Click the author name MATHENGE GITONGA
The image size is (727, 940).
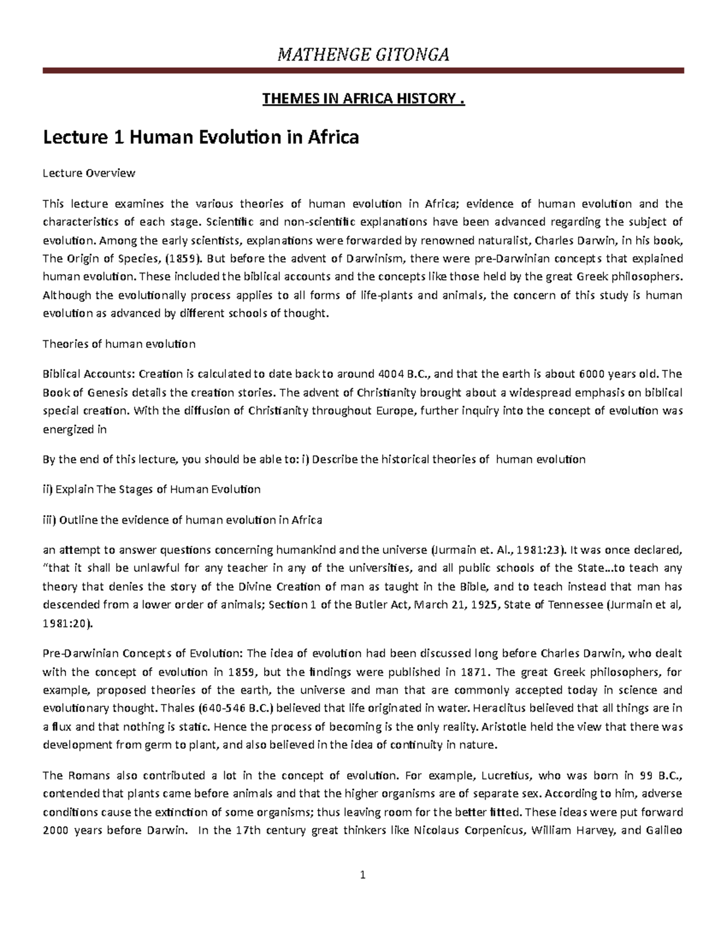pyautogui.click(x=363, y=55)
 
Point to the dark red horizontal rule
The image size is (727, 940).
pyautogui.click(x=363, y=71)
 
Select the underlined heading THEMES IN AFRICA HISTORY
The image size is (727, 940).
pyautogui.click(x=363, y=98)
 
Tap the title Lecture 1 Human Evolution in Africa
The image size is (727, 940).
pyautogui.click(x=201, y=137)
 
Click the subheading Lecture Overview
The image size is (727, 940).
pyautogui.click(x=88, y=173)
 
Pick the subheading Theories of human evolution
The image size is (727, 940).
pyautogui.click(x=119, y=344)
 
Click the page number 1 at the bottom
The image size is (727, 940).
pyautogui.click(x=363, y=875)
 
